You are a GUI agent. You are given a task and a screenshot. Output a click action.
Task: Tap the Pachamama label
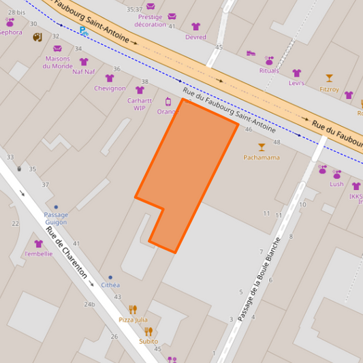pyautogui.click(x=262, y=157)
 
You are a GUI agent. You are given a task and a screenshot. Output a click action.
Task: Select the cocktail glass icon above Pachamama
pyautogui.click(x=262, y=146)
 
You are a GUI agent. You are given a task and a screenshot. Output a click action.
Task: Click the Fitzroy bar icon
pyautogui.click(x=330, y=78)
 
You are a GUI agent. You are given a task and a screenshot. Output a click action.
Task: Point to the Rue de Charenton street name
pyautogui.click(x=67, y=252)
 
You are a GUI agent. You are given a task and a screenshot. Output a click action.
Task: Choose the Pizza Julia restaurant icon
pyautogui.click(x=133, y=309)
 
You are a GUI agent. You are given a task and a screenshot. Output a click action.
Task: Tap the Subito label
pyautogui.click(x=148, y=341)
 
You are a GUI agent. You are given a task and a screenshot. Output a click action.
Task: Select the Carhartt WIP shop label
pyautogui.click(x=140, y=104)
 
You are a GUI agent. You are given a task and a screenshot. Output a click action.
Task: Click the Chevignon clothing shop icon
pyautogui.click(x=110, y=78)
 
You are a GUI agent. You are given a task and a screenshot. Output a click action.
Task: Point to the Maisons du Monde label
pyautogui.click(x=57, y=62)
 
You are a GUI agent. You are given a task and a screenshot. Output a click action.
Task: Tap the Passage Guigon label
pyautogui.click(x=56, y=218)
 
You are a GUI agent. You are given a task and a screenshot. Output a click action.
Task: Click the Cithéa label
pyautogui.click(x=110, y=285)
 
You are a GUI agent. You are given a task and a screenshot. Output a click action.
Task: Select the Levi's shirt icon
pyautogui.click(x=296, y=73)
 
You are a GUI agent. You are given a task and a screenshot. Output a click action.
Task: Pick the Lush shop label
pyautogui.click(x=336, y=184)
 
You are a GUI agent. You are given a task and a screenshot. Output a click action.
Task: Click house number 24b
pyautogui.click(x=89, y=304)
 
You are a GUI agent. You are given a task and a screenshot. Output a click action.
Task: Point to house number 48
pyautogui.click(x=277, y=142)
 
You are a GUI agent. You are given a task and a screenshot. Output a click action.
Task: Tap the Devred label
pyautogui.click(x=195, y=37)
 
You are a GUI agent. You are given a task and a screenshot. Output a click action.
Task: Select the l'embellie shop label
pyautogui.click(x=38, y=254)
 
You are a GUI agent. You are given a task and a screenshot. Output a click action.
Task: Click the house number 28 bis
pyautogui.click(x=16, y=12)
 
